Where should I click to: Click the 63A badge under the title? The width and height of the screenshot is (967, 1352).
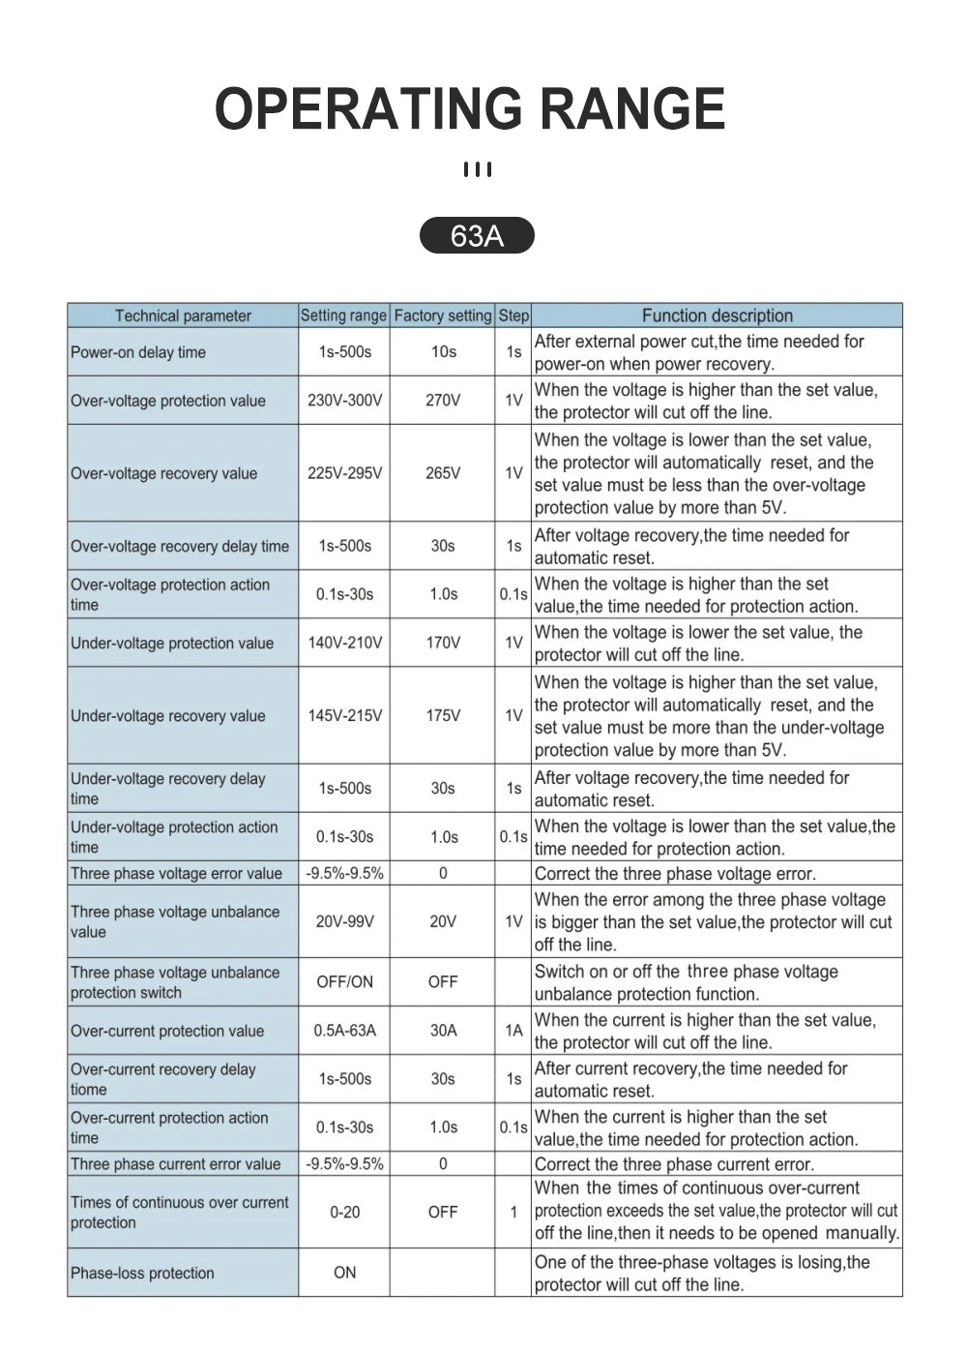tap(477, 235)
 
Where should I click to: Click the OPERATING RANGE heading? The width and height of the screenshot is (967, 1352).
tap(470, 108)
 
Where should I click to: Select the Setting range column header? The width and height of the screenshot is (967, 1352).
tap(343, 315)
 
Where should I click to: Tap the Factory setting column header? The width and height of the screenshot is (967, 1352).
tap(443, 315)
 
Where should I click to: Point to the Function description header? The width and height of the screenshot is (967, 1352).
tap(717, 315)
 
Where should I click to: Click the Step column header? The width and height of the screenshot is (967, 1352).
tap(513, 315)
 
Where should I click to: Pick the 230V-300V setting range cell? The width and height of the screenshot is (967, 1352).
tap(344, 400)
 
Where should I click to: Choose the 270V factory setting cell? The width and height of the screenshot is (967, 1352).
tap(443, 400)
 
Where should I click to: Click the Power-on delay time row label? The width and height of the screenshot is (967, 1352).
tap(138, 352)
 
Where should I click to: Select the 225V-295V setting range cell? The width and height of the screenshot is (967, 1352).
tap(344, 473)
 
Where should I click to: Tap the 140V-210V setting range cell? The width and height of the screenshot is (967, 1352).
tap(344, 643)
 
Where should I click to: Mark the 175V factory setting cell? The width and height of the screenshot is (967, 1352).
tap(443, 715)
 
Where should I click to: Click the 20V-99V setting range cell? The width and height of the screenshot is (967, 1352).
tap(344, 921)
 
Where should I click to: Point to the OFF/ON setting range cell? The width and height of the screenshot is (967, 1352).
tap(344, 981)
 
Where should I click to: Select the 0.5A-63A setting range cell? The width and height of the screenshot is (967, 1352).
tap(344, 1031)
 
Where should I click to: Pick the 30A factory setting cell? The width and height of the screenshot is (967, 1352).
tap(443, 1031)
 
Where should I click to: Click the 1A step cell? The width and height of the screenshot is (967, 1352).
tap(513, 1031)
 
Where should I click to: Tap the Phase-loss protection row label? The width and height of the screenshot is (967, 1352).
tap(142, 1273)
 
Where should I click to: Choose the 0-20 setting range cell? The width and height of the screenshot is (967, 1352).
tap(344, 1212)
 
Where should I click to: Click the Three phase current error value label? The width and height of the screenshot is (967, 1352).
tap(175, 1163)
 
